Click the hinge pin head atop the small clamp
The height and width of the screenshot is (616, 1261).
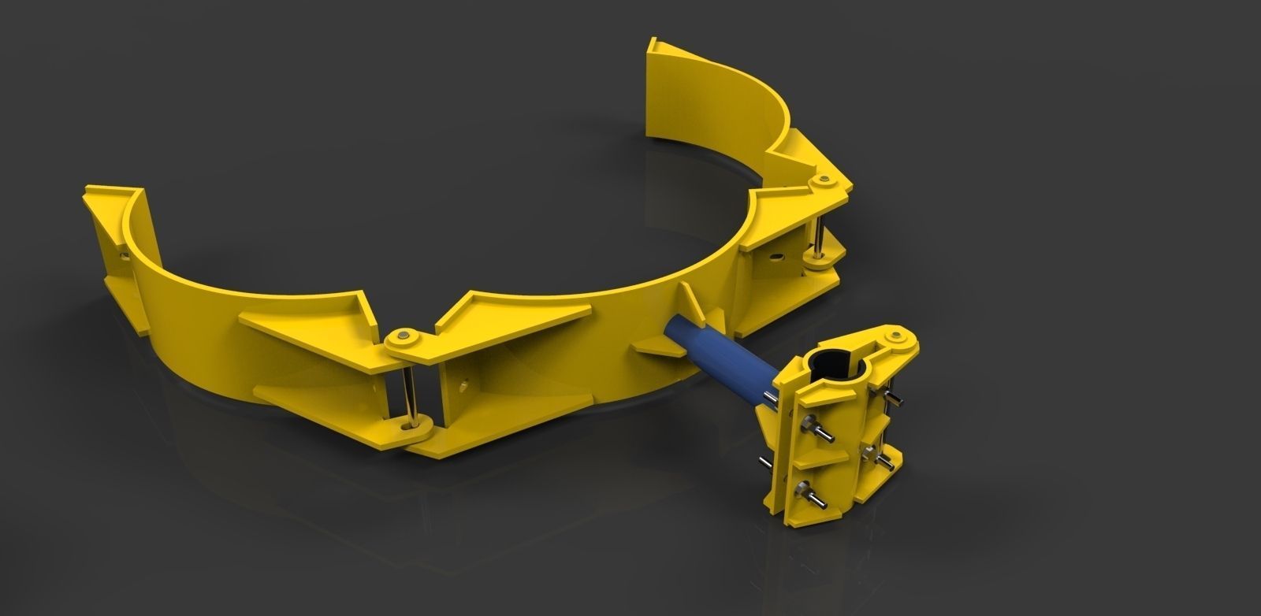pos(895,339)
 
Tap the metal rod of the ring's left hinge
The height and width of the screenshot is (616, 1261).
pos(409,386)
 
